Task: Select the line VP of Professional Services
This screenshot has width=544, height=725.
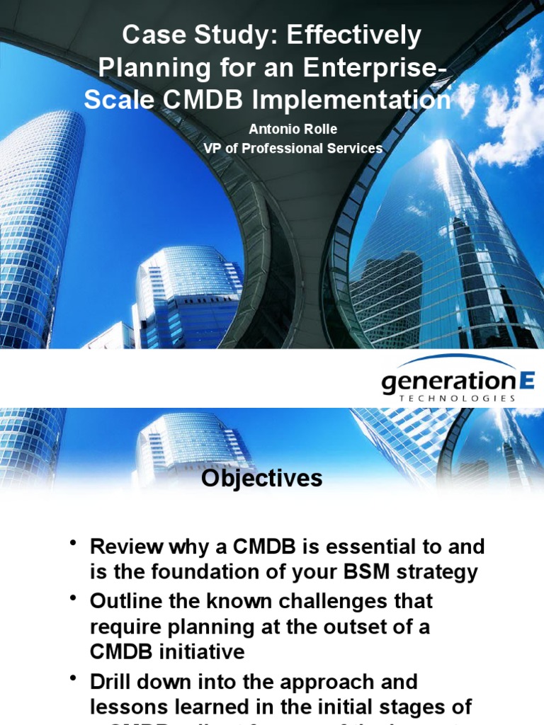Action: click(x=292, y=148)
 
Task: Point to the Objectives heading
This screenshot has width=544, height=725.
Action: click(x=261, y=479)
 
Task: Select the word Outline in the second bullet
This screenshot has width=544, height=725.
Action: click(x=129, y=601)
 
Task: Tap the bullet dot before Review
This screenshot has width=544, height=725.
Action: click(x=73, y=543)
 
